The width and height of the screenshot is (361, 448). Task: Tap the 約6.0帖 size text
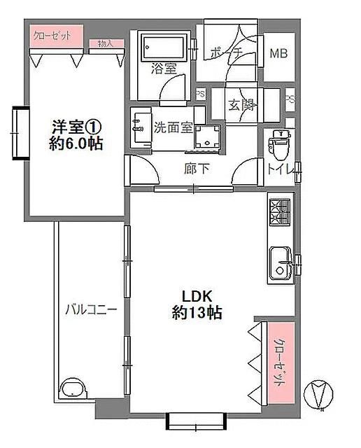pos(76,145)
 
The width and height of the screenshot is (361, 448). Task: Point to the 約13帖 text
pos(197,313)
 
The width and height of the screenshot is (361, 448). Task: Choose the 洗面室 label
pos(173,128)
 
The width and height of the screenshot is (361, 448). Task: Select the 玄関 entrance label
pos(239,106)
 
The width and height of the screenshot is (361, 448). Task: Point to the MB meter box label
pos(279,53)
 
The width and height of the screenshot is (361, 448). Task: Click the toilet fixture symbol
pos(280,145)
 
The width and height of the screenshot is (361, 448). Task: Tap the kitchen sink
pos(280,265)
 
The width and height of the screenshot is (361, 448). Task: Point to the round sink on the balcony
pos(71,388)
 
